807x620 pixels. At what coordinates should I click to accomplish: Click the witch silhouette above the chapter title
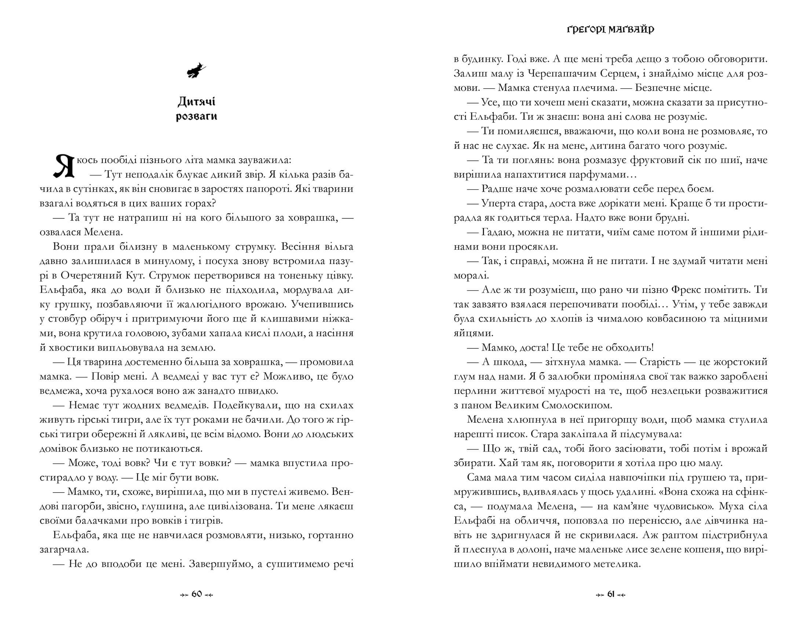196,70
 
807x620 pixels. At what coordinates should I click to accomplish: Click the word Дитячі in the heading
196,101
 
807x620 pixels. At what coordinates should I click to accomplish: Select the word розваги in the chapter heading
196,117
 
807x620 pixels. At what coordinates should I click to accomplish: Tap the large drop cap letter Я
63,166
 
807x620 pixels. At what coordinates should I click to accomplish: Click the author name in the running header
610,29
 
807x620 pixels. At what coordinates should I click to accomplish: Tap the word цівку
337,276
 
